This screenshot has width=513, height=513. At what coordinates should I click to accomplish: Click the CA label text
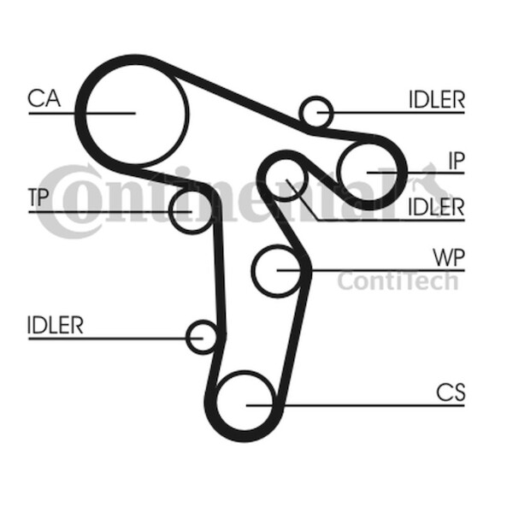[44, 99]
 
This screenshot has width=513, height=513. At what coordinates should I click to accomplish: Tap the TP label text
[38, 198]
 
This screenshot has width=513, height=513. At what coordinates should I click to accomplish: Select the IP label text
[456, 160]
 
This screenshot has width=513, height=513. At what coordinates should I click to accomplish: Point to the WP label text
[448, 257]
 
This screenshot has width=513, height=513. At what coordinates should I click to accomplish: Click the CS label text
[450, 392]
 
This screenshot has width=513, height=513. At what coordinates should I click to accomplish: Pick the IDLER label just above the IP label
[435, 99]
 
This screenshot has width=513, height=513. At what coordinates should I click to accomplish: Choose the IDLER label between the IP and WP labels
[435, 207]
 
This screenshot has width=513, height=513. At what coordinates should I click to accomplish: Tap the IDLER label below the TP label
[56, 326]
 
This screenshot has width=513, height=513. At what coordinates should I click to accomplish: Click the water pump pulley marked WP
[277, 270]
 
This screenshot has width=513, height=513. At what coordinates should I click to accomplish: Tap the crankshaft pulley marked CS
[246, 404]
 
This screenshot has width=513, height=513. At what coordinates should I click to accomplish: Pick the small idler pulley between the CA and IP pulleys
[316, 112]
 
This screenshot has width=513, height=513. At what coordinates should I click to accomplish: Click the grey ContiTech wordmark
[397, 280]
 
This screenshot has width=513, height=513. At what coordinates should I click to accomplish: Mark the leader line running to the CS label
[368, 404]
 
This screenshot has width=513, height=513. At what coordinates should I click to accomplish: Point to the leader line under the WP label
[385, 270]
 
